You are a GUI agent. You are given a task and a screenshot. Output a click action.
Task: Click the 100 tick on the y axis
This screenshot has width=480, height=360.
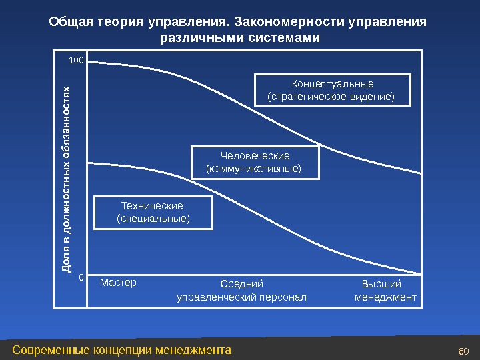click(x=76, y=61)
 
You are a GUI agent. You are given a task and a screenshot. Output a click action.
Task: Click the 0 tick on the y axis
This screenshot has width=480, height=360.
click(x=81, y=275)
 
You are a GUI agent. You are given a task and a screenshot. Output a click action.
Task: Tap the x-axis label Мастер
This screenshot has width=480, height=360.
click(x=118, y=283)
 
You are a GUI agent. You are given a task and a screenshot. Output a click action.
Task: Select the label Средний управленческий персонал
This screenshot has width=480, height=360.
click(x=241, y=290)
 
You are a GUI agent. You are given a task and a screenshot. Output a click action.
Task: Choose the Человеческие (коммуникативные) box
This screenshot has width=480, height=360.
click(x=255, y=163)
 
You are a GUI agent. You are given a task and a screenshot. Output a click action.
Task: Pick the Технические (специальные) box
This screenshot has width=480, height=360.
click(x=153, y=212)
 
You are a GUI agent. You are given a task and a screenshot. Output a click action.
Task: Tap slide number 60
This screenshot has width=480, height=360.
click(x=465, y=351)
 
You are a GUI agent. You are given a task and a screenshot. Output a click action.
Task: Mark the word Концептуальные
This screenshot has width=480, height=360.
click(x=333, y=84)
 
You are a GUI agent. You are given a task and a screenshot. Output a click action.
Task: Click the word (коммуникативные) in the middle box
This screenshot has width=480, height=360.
click(x=255, y=169)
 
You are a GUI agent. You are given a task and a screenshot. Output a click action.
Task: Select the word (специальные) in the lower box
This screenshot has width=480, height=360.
click(x=153, y=218)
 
